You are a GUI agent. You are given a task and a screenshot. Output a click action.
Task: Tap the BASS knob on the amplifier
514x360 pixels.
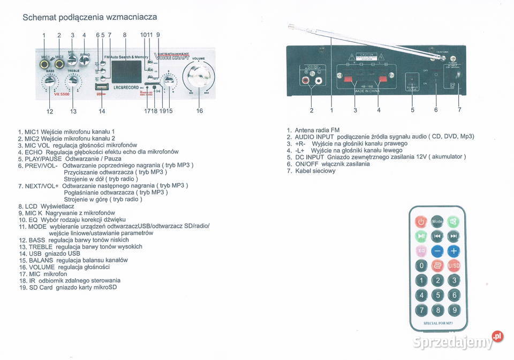coord(49,81)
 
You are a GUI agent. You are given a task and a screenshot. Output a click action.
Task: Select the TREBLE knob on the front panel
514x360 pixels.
coord(72,81)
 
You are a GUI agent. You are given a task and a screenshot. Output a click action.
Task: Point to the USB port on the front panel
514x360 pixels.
coord(102,87)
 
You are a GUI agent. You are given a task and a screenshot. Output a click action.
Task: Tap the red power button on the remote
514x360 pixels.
coord(421,221)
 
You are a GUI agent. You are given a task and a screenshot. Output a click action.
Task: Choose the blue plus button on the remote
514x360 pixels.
coord(453,250)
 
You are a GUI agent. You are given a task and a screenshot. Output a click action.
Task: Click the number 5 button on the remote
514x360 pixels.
coord(437,295)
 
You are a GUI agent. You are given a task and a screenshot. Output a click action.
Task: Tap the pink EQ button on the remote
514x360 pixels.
coord(421,250)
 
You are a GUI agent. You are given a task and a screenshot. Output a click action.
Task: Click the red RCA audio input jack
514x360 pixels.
coord(306,81)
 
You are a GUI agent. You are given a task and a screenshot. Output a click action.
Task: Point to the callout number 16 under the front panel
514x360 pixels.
coord(200,111)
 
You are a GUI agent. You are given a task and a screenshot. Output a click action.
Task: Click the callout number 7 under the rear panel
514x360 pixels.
coord(459,110)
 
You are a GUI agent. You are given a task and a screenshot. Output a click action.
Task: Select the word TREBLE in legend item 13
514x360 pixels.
coord(40,247)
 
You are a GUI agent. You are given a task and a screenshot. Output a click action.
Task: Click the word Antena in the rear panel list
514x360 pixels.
coord(305,130)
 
